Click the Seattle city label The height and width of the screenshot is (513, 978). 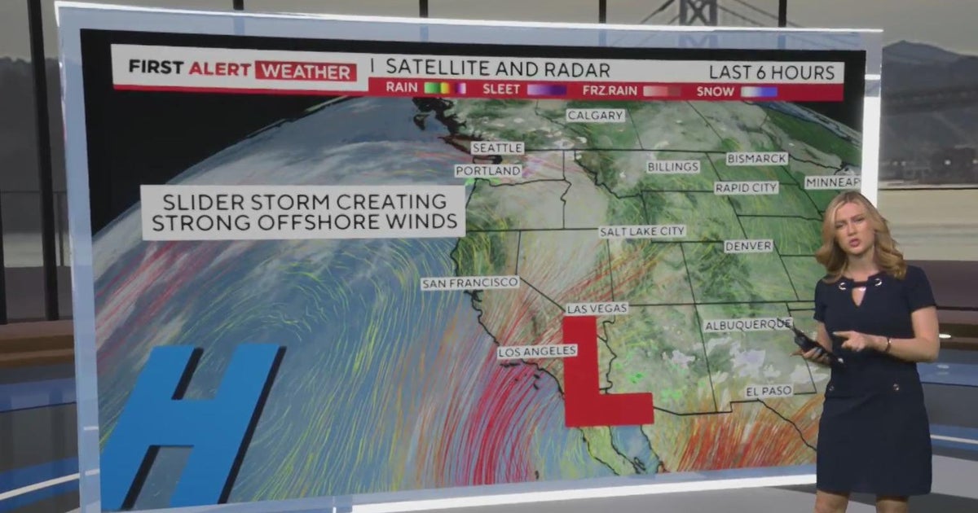click(x=497, y=148)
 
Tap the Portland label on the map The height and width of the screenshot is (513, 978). click(x=488, y=171)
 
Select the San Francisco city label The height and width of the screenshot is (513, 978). click(x=470, y=283)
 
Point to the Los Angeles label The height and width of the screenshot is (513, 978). click(x=538, y=352)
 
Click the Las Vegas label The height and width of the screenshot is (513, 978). click(x=597, y=309)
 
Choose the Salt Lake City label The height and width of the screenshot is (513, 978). click(x=642, y=232)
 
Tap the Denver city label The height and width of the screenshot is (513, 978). click(x=748, y=246)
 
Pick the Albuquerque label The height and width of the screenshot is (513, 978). click(x=747, y=325)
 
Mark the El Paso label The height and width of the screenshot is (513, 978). click(x=769, y=392)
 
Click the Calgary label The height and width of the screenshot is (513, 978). click(x=596, y=116)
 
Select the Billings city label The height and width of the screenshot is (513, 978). click(x=673, y=167)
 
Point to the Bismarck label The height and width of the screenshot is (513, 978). click(x=757, y=159)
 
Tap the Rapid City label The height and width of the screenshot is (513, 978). click(x=746, y=188)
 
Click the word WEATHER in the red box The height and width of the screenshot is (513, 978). click(x=306, y=72)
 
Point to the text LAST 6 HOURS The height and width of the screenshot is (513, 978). click(x=772, y=72)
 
